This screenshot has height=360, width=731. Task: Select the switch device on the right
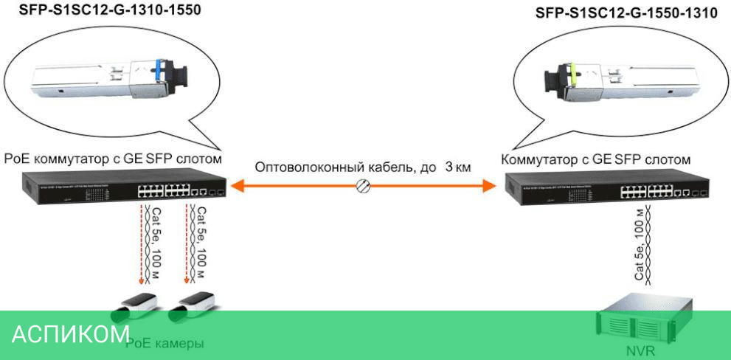pos(605,187)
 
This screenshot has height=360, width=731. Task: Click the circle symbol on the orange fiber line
pos(362,187)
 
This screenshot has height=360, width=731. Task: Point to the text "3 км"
pos(457,167)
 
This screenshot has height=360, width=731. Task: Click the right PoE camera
pos(193,305)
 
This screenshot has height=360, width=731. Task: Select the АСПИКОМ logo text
pos(71,334)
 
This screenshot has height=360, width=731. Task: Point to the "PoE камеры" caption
pos(164,343)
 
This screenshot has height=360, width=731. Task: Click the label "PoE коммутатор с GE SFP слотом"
pos(114,158)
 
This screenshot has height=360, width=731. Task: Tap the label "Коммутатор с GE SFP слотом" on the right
pos(595,159)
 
